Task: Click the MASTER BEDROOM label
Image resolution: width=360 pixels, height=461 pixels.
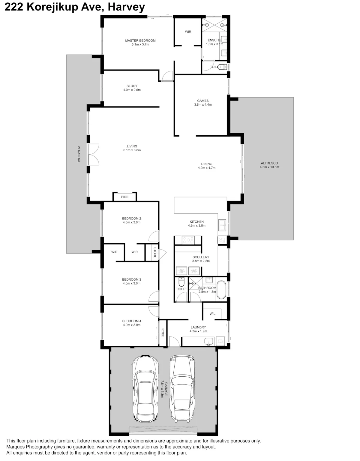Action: pos(140,41)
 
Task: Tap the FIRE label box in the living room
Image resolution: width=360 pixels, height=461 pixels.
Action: pos(125,197)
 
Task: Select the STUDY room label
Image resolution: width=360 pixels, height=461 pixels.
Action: pos(132,86)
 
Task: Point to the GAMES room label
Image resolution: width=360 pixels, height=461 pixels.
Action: pos(203,101)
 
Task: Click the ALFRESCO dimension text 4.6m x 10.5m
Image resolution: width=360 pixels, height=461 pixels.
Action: pos(269,167)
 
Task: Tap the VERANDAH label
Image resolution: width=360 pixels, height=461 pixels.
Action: pos(79,154)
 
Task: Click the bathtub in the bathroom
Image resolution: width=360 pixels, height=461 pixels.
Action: pos(221,290)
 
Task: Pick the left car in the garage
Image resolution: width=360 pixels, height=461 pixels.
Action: pos(145,392)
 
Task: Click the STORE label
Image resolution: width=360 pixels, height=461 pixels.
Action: pos(155,252)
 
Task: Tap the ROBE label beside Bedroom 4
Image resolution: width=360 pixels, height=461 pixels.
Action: pos(163,333)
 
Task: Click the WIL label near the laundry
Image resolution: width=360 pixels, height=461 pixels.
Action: pos(212,314)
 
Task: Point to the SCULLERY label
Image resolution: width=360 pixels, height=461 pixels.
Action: pos(201,257)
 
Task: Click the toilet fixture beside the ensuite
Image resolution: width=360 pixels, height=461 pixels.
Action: pos(222,67)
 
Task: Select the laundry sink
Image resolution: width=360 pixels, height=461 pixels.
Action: pos(208,342)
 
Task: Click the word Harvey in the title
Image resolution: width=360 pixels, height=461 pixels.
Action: pos(126,7)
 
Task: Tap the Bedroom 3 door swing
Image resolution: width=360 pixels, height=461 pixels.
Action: pos(154,296)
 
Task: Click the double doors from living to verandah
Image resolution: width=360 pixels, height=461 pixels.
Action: pos(94,154)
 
